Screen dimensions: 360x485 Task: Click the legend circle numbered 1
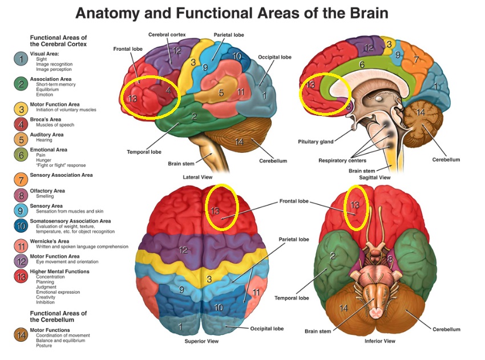21,58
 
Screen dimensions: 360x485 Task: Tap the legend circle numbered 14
21,335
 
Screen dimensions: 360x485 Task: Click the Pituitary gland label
316,141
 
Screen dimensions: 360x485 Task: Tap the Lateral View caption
199,177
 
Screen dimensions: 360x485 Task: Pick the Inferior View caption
379,341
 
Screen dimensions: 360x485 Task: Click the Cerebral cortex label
167,35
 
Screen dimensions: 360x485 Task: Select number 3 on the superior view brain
209,278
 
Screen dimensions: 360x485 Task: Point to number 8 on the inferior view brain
390,260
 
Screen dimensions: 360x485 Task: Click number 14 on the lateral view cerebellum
239,141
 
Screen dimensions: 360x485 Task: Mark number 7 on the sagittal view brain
416,59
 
